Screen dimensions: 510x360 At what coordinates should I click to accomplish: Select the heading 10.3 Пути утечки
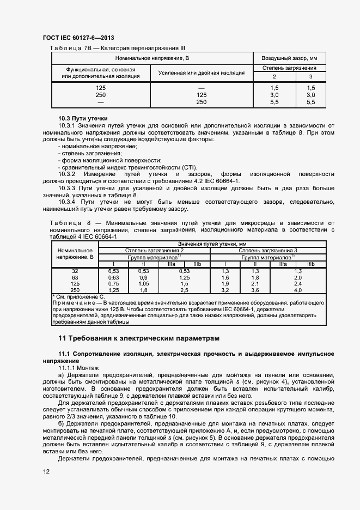83,118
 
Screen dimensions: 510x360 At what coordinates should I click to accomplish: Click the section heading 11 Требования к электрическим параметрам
140,338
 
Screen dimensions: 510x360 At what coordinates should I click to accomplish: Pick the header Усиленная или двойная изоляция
201,72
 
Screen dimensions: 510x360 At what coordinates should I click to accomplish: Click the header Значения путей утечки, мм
212,244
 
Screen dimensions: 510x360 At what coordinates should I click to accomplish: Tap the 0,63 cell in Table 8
113,277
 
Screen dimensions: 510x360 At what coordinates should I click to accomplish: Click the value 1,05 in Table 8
143,283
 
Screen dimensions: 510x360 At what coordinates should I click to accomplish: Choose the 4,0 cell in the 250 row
297,290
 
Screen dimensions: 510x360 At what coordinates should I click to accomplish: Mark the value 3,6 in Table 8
254,290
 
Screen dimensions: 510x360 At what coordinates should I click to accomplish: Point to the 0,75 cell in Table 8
113,283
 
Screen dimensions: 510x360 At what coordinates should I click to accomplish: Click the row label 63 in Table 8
75,277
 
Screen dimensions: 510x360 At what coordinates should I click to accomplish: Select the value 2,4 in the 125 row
297,283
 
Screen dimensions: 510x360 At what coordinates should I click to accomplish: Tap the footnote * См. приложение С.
77,296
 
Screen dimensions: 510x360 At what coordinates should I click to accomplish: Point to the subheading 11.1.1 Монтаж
78,368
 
